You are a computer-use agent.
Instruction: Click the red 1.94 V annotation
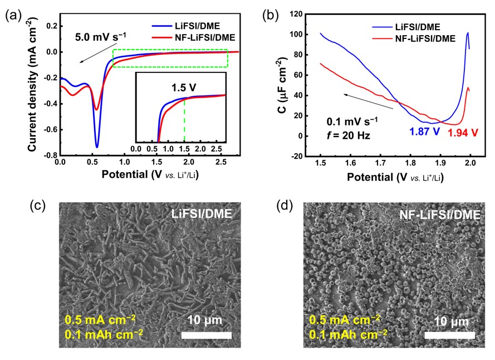463,132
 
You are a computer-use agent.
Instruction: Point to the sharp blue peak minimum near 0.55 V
97,147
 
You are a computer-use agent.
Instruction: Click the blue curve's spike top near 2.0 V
467,33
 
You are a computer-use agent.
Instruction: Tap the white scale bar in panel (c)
206,335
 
